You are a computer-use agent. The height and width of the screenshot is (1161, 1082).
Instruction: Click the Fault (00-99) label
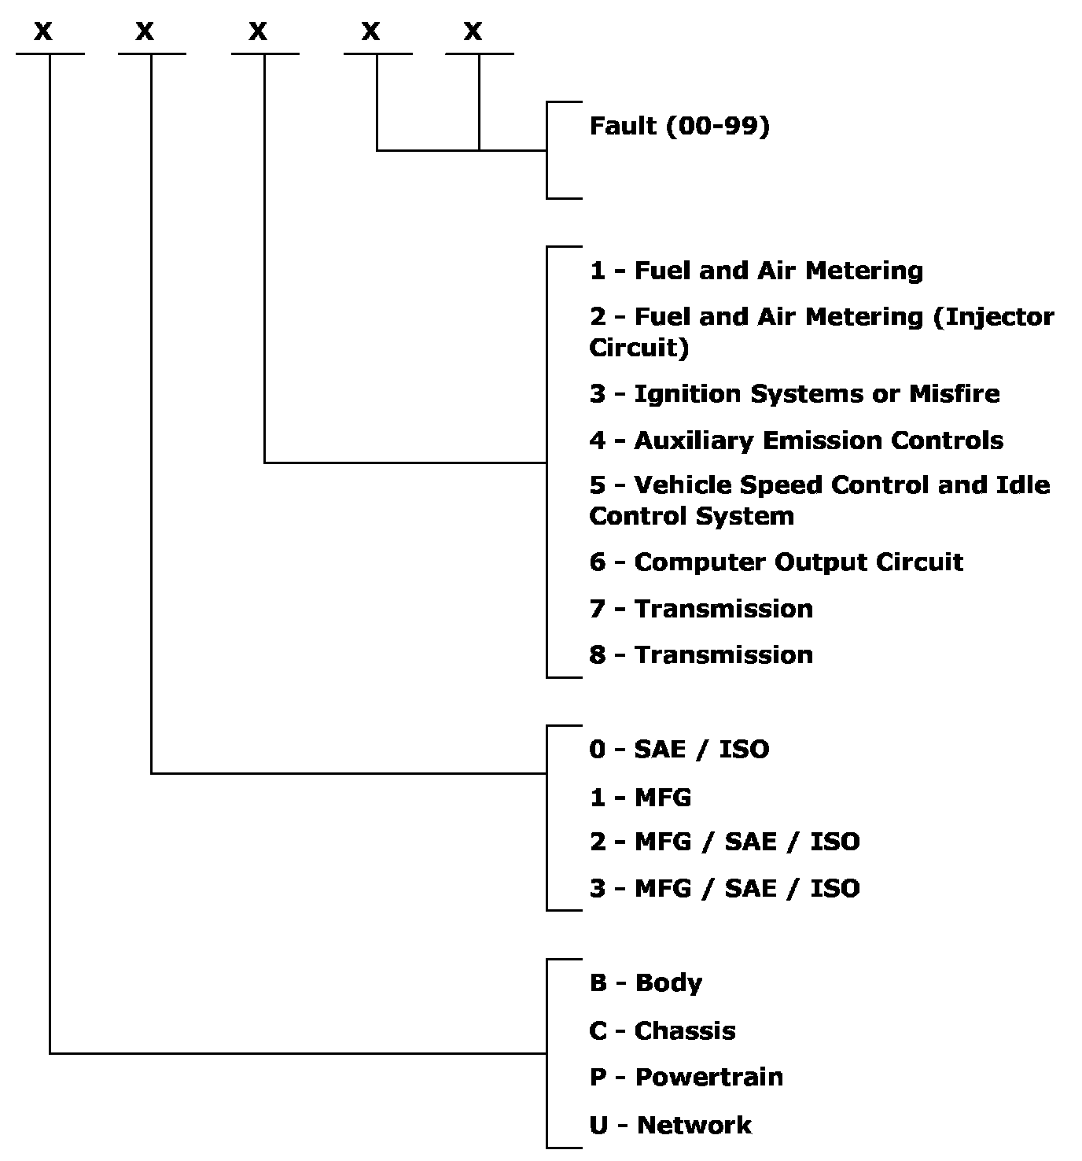[679, 126]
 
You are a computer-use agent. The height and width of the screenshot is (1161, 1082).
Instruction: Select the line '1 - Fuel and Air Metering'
[756, 271]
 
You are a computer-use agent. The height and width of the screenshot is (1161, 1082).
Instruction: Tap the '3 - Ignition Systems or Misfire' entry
[794, 393]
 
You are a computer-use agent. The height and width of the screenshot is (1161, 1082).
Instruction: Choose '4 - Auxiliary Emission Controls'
[796, 440]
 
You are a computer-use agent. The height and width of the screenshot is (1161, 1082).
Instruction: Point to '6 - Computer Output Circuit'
[775, 562]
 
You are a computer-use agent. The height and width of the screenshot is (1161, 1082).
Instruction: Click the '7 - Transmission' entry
[701, 608]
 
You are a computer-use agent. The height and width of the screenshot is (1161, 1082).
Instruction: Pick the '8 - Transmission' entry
[701, 654]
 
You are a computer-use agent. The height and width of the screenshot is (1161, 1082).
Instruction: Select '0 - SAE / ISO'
[679, 749]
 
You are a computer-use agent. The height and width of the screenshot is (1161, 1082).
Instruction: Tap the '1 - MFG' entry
[640, 797]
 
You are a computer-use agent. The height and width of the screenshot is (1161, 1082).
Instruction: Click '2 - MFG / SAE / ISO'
[724, 842]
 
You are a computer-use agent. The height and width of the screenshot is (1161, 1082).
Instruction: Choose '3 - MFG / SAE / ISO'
[724, 888]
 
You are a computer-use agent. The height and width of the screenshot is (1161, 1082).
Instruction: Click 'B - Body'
[646, 982]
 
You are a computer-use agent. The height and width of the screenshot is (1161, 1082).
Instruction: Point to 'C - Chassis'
[662, 1030]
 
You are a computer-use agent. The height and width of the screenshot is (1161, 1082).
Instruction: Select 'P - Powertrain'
[686, 1077]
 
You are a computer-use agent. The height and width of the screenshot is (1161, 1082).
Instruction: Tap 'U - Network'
[670, 1125]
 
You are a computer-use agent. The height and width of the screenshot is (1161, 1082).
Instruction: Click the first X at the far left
[42, 32]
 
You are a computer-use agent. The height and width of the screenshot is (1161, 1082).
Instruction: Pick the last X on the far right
[473, 32]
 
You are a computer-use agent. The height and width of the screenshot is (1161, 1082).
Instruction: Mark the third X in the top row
[258, 32]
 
